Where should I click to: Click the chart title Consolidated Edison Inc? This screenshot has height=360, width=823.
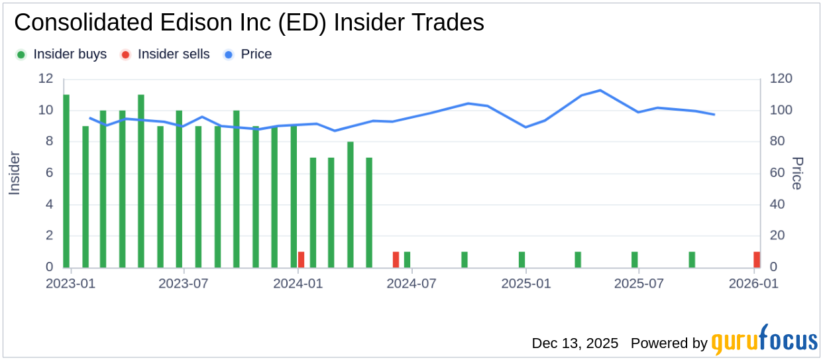click(248, 23)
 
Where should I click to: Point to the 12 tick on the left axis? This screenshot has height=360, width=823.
click(46, 78)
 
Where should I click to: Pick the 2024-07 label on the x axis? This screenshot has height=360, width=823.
click(411, 284)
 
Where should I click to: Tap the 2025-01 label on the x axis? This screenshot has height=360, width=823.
click(525, 284)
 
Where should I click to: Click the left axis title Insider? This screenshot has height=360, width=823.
click(15, 173)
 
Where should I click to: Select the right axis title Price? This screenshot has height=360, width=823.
click(797, 173)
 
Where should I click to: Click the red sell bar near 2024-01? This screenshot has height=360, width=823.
click(301, 259)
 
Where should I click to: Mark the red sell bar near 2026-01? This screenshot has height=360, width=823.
click(757, 259)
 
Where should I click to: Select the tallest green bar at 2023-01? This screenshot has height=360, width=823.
click(66, 181)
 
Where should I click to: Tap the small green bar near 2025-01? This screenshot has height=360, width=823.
click(521, 259)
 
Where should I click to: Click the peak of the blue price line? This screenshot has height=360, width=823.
click(600, 90)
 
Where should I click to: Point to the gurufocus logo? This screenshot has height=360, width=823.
click(765, 341)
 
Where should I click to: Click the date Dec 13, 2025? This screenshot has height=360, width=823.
click(575, 343)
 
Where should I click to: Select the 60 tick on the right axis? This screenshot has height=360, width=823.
click(776, 173)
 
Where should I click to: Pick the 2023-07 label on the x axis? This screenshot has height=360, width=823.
click(183, 284)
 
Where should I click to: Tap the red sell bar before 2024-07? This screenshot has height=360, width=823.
click(396, 259)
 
